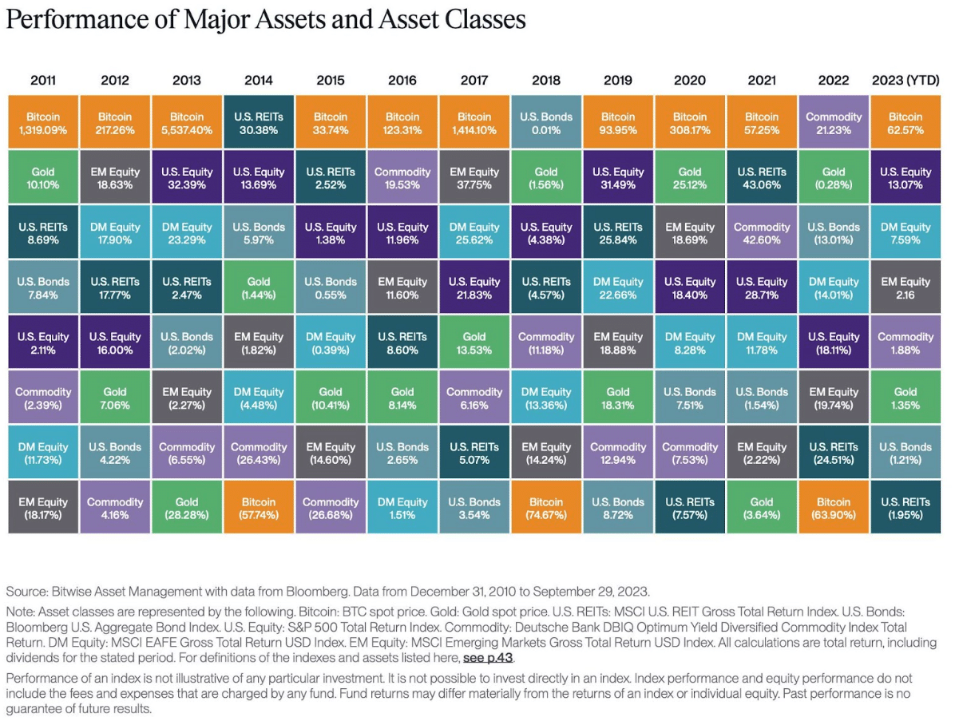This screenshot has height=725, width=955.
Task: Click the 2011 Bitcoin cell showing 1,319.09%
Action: [x=43, y=122]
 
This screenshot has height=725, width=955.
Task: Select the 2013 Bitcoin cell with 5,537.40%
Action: [x=187, y=122]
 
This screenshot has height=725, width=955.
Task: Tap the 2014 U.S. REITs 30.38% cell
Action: [x=259, y=122]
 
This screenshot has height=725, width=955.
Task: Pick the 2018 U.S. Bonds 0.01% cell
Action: [x=546, y=122]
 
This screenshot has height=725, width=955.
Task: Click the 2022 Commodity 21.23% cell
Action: [x=834, y=122]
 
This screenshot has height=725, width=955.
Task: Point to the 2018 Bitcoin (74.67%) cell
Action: [x=546, y=508]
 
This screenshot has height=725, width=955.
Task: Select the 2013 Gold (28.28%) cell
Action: [x=187, y=508]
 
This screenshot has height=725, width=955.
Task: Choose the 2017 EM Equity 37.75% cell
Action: [x=474, y=177]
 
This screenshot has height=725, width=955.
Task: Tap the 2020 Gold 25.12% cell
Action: [x=690, y=177]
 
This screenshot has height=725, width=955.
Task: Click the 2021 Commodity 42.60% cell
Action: [x=762, y=232]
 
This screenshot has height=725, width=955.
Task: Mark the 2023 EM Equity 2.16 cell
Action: [x=905, y=287]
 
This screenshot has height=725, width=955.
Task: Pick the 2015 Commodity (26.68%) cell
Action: [x=331, y=508]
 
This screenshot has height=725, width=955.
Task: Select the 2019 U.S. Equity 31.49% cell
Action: [x=618, y=177]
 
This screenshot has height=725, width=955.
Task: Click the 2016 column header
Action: [x=402, y=81]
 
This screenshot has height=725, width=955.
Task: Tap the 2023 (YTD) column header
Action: [x=905, y=81]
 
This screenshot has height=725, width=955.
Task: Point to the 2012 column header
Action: [x=115, y=81]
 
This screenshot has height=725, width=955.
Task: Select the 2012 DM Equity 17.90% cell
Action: [x=115, y=232]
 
